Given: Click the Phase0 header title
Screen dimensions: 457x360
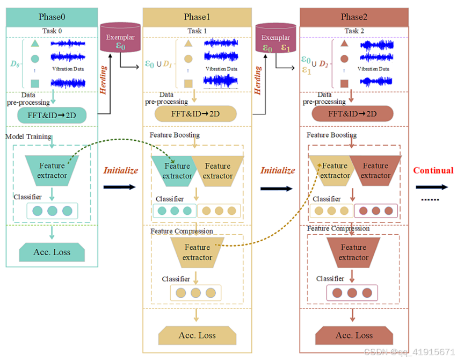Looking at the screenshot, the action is [x=52, y=17].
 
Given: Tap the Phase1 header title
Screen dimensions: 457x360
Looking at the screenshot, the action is [x=197, y=17].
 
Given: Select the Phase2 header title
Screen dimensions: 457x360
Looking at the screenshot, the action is [x=354, y=17].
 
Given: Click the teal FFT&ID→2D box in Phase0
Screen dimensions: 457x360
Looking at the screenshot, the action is [x=52, y=115].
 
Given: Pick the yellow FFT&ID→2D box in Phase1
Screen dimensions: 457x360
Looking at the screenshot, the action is [x=195, y=114].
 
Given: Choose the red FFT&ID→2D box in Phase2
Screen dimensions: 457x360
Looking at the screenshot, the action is [x=352, y=114].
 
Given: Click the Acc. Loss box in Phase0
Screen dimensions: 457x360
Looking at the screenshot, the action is [x=52, y=252].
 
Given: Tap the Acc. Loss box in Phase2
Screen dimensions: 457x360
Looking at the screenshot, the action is [x=354, y=335].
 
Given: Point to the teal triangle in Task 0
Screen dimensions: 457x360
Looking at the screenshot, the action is [x=35, y=44].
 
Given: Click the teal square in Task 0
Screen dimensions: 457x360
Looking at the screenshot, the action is [x=35, y=84].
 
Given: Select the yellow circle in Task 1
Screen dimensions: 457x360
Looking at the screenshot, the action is [x=188, y=59].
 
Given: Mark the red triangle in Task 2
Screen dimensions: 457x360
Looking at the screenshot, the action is [x=345, y=44].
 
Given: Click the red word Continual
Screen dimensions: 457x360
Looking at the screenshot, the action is [x=433, y=170].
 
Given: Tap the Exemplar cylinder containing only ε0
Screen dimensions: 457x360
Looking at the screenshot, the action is [x=120, y=37].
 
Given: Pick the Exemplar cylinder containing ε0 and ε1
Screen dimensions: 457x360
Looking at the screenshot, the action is [x=275, y=38].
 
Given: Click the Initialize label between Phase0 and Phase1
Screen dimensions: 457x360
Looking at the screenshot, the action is [x=121, y=170].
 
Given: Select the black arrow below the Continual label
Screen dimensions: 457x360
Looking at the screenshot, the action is [x=432, y=187].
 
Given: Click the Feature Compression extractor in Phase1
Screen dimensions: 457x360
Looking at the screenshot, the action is [x=197, y=253].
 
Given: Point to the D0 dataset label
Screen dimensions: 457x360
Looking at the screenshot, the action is [x=15, y=63].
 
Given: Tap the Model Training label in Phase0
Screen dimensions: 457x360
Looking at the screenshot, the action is [x=28, y=136].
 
